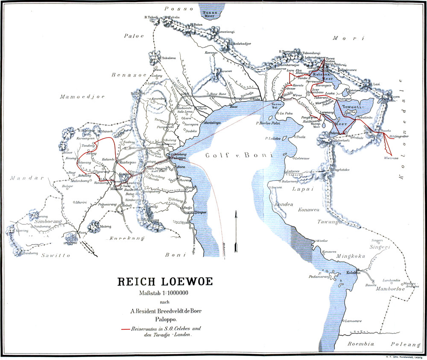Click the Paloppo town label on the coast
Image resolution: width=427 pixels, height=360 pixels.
(x=181, y=158)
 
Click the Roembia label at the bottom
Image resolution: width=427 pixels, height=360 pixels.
(x=360, y=343)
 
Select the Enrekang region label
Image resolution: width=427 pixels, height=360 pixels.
(x=123, y=238)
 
